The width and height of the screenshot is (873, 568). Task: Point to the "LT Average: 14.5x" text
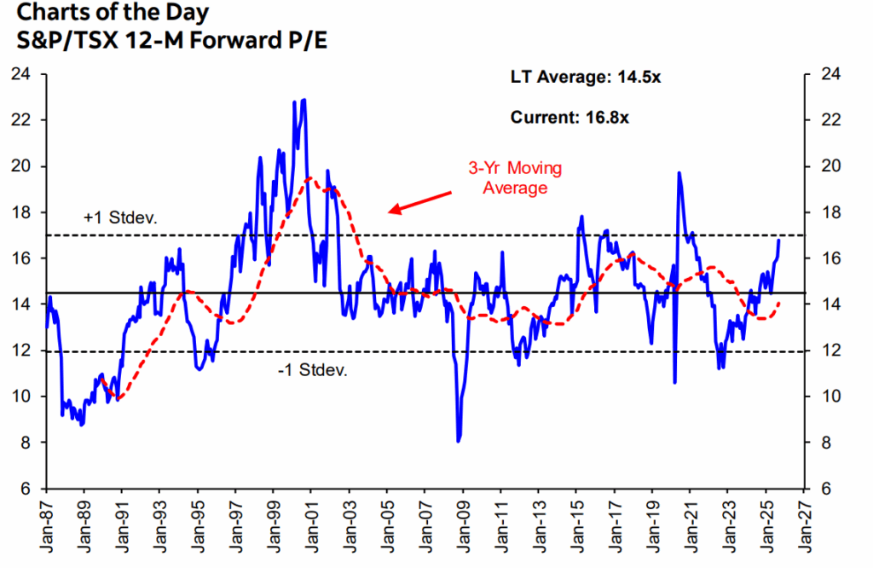point(586,78)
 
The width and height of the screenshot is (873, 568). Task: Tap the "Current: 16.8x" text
point(569,118)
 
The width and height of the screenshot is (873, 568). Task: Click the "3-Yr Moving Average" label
point(515,177)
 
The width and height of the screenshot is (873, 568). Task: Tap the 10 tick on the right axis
point(828,397)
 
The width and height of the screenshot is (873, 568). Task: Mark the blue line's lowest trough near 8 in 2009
point(459,440)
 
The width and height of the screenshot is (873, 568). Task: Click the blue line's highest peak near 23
point(304,101)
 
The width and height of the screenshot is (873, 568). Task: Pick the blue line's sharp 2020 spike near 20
point(679,173)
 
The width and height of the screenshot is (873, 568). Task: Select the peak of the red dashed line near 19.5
point(309,178)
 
